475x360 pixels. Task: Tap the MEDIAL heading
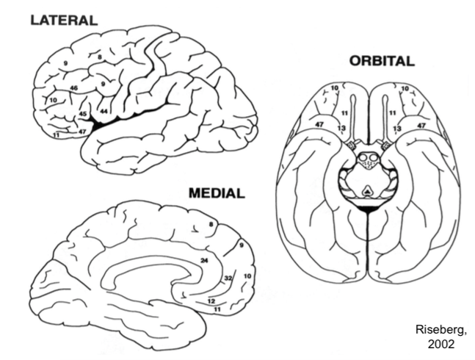point(216,194)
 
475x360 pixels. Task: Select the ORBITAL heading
point(381,62)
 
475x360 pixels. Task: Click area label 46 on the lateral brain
point(73,88)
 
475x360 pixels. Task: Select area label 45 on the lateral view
point(84,114)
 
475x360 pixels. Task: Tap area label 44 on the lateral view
point(104,111)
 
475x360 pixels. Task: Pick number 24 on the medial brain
point(205,260)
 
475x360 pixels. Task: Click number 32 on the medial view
point(228,278)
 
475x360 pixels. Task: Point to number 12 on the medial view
point(211,301)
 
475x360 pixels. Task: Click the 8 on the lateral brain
point(99,56)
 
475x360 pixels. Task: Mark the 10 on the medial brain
point(247,276)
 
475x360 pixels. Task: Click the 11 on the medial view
point(217,311)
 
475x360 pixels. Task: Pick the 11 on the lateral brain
point(57,136)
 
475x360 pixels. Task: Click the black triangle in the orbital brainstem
point(366,192)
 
